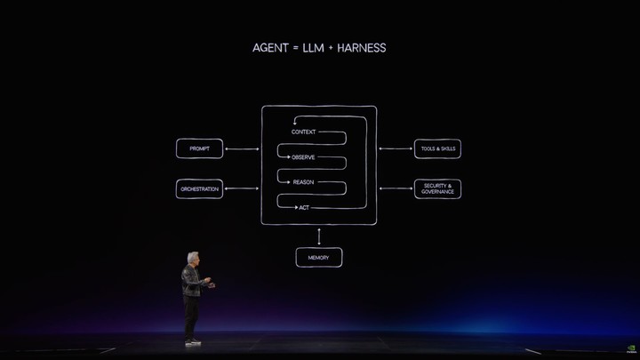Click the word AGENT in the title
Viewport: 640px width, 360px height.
pos(270,48)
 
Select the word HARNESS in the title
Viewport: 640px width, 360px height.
pos(361,48)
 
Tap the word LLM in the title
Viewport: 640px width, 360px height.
pos(313,48)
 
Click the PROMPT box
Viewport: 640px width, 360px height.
pos(200,148)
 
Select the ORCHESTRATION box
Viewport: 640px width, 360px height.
pos(200,189)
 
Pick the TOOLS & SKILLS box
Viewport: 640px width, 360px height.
pos(437,148)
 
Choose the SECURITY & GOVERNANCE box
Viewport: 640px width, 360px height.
pos(437,189)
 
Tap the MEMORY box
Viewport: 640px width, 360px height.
pos(319,258)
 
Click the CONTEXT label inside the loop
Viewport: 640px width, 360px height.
pos(303,132)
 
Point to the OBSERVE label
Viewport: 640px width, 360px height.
pos(303,157)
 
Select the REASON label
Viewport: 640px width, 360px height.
pos(303,182)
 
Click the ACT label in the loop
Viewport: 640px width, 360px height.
pos(304,208)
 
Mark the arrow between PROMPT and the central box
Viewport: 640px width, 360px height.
pos(242,149)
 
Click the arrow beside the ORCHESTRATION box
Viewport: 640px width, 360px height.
pos(242,188)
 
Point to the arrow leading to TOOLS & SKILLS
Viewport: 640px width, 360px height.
pos(396,148)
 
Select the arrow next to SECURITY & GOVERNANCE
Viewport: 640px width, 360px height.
pos(396,188)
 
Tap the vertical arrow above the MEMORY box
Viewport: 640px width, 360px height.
pos(319,236)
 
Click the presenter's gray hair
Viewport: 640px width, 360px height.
pos(193,257)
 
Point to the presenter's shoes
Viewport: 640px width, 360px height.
pos(192,341)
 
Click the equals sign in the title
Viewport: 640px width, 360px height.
pos(295,48)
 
